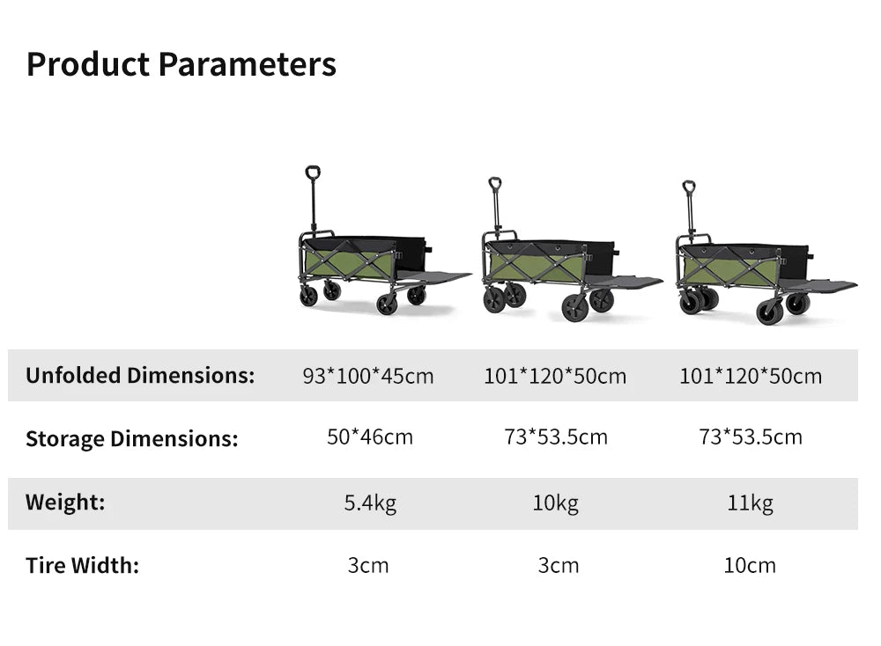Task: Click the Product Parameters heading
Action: click(181, 65)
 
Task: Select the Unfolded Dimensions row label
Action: click(140, 376)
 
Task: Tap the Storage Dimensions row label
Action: click(132, 438)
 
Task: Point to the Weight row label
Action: click(65, 502)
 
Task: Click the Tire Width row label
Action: click(83, 565)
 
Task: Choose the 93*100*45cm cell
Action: click(368, 376)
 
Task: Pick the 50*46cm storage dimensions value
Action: click(370, 437)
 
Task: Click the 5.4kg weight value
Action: click(370, 503)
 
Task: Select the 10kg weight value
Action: click(556, 503)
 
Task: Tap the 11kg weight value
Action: click(750, 503)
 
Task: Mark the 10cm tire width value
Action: click(750, 565)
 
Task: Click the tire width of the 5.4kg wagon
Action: click(368, 565)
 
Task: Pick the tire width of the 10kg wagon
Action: click(558, 565)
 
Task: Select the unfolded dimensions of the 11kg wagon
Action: click(751, 376)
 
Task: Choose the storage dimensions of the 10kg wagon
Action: click(556, 437)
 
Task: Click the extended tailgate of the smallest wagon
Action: click(433, 276)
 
